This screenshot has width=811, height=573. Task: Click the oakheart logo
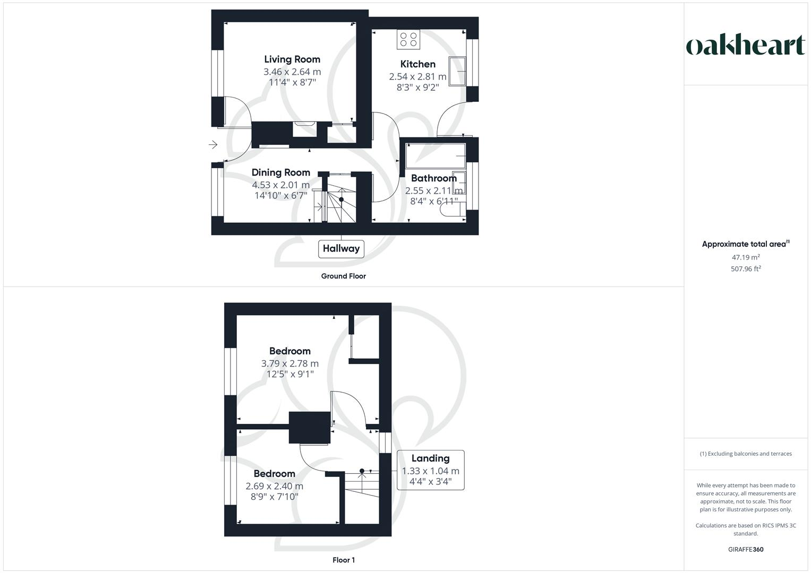[745, 46]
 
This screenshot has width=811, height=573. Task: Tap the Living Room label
[292, 59]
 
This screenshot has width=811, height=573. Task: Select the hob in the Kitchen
[408, 39]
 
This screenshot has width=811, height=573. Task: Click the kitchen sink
[457, 71]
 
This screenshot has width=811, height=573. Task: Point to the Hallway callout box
[341, 248]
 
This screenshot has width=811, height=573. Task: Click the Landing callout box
[430, 470]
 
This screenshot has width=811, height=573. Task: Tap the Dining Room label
[280, 172]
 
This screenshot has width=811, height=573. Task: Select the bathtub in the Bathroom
[436, 154]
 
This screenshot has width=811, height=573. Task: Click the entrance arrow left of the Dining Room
[213, 144]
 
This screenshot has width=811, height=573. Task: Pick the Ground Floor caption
[343, 276]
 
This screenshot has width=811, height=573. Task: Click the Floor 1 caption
[343, 560]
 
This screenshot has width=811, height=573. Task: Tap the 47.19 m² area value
[746, 257]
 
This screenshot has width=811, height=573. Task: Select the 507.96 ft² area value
[746, 269]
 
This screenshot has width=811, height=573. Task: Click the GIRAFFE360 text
[746, 549]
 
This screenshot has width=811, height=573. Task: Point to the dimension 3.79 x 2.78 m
[289, 363]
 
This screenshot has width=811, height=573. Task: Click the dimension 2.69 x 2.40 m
[274, 486]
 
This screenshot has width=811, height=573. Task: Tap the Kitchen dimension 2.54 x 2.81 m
[417, 76]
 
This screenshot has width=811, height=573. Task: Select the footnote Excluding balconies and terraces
[746, 454]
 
